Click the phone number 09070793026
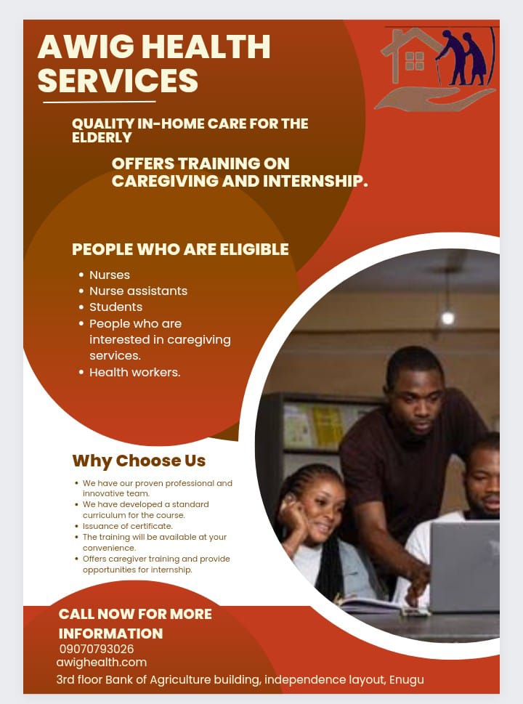(97, 649)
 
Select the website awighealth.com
(102, 663)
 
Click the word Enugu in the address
(406, 680)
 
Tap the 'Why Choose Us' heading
(139, 461)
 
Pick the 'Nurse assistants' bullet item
(138, 291)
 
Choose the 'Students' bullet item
(115, 307)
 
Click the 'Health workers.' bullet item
(134, 372)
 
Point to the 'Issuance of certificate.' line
(128, 526)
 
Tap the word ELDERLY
(102, 137)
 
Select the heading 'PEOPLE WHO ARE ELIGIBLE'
(180, 249)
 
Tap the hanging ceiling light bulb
(447, 317)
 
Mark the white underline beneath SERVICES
(100, 102)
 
